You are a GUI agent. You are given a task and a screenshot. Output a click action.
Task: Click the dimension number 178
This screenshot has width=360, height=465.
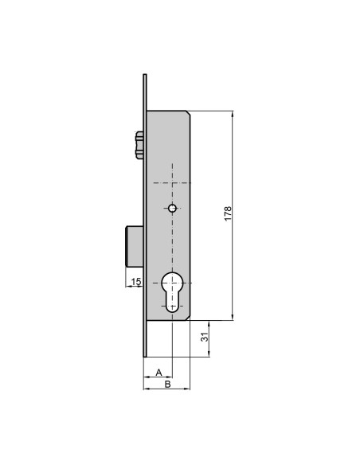pos(228,214)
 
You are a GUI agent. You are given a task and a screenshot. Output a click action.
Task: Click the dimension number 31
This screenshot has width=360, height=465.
pos(205,338)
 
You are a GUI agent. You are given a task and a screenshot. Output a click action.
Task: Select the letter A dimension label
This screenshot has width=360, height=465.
pos(158,372)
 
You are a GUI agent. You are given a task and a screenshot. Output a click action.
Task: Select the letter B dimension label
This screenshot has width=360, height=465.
pos(166,385)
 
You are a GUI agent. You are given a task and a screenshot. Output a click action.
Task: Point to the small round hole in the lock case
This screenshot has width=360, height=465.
pos(172,208)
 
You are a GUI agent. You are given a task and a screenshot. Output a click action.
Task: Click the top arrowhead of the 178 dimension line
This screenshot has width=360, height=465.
pos(234,113)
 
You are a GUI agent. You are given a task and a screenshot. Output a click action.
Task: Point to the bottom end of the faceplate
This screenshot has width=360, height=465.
pos(145,356)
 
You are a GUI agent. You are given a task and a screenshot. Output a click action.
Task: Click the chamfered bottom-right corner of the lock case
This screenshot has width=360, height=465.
pos(188,318)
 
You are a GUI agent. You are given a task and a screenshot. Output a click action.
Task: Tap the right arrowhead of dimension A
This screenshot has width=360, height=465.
pos(170,377)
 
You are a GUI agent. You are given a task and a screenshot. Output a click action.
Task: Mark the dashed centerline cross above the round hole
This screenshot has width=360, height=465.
pos(172,178)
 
